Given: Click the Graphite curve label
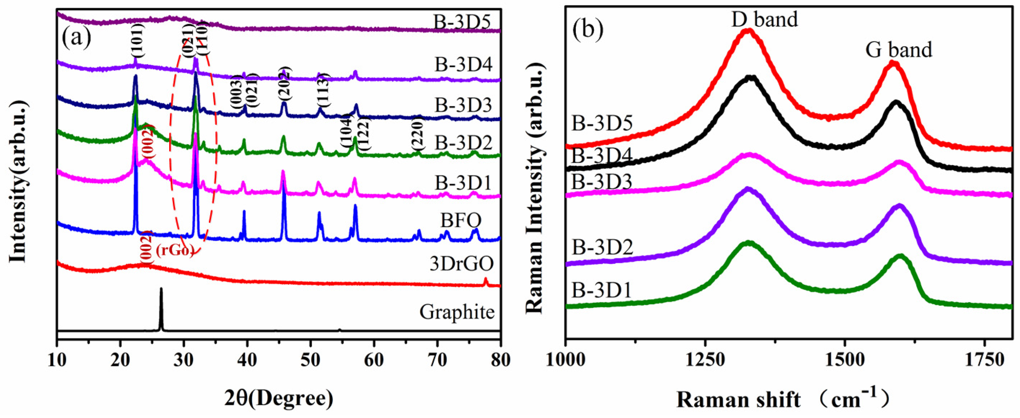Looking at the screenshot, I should tap(457, 312).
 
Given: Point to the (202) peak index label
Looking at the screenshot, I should tap(284, 84).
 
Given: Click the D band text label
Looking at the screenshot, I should tap(764, 19).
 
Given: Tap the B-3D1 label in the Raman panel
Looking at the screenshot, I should tap(602, 291).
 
